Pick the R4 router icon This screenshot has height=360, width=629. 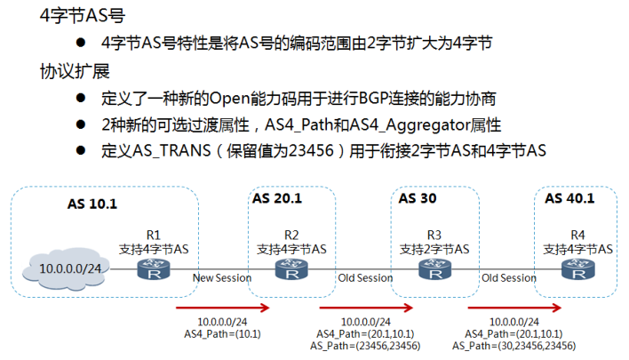pyautogui.click(x=577, y=270)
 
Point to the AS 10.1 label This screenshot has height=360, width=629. pyautogui.click(x=92, y=204)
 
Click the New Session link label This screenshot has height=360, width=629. pyautogui.click(x=222, y=278)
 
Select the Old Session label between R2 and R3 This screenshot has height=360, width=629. pyautogui.click(x=365, y=278)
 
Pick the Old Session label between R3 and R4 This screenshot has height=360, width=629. pyautogui.click(x=509, y=278)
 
